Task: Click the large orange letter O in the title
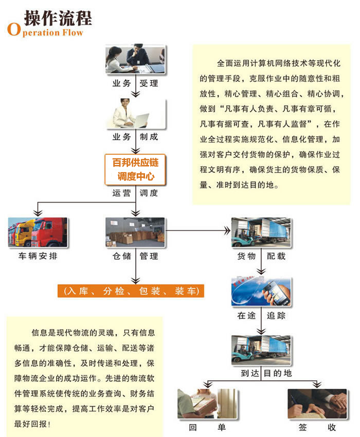pos(14,29)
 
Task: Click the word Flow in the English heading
pos(73,32)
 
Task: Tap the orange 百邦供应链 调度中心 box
pos(135,170)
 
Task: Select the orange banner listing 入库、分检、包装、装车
pos(131,291)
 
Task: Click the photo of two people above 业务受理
pos(135,60)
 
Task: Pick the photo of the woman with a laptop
pos(136,114)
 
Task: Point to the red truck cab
pos(49,232)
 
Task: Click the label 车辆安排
pos(38,256)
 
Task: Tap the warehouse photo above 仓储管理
pos(135,232)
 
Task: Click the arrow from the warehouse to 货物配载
pos(198,231)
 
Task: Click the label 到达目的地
pos(266,373)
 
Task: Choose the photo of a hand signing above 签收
pos(317,404)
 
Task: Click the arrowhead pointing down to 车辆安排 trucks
pos(38,213)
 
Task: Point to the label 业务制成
pos(135,137)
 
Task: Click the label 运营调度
pos(135,193)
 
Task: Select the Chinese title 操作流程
pos(58,18)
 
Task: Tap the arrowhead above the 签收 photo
pos(317,385)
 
